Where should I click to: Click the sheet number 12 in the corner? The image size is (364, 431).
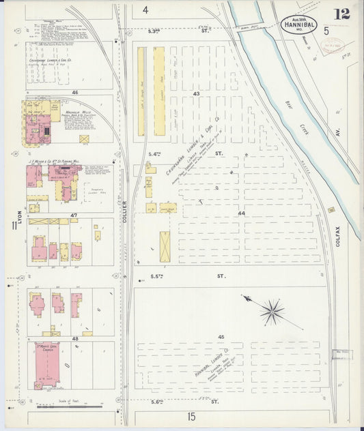pyautogui.click(x=341, y=14)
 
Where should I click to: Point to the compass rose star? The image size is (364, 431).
pyautogui.click(x=271, y=312)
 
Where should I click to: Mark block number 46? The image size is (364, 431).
pyautogui.click(x=74, y=91)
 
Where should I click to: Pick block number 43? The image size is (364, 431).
pyautogui.click(x=196, y=93)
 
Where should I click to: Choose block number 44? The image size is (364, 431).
pyautogui.click(x=241, y=213)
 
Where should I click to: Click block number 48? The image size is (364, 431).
pyautogui.click(x=74, y=338)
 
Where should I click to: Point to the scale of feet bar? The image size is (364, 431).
pyautogui.click(x=68, y=406)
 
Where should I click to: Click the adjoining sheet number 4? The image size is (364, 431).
pyautogui.click(x=145, y=10)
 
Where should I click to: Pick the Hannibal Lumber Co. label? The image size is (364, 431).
pyautogui.click(x=212, y=362)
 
